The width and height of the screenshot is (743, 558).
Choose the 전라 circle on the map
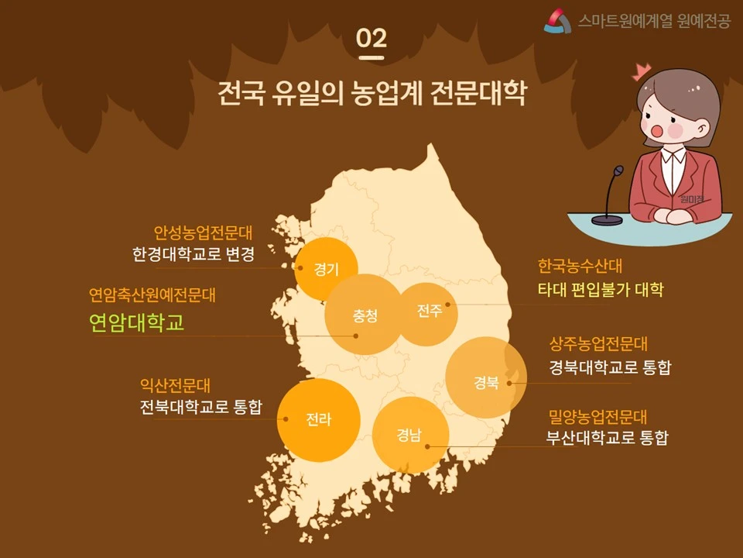(x=319, y=420)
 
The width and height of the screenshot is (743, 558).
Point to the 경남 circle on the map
(x=411, y=435)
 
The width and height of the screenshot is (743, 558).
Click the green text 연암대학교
(x=137, y=322)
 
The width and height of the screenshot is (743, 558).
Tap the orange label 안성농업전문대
(x=204, y=232)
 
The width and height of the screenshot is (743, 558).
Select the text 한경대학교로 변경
(x=193, y=255)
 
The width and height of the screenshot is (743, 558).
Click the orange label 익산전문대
(x=175, y=385)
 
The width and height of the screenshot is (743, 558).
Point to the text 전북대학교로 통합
(x=201, y=408)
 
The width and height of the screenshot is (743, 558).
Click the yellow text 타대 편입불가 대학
(x=601, y=291)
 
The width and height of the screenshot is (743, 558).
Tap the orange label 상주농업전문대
(x=598, y=344)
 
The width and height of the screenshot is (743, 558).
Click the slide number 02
(x=371, y=38)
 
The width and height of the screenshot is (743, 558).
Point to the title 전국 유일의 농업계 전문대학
(x=371, y=93)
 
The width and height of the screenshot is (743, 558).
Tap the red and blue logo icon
(x=557, y=21)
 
